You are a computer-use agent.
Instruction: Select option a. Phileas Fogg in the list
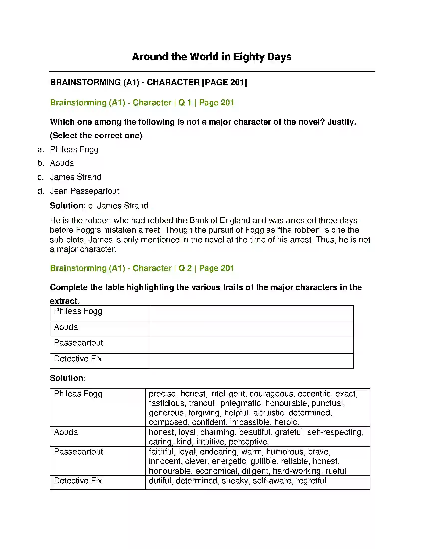click(74, 149)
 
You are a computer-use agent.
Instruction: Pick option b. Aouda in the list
click(62, 163)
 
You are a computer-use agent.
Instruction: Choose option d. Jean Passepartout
click(84, 191)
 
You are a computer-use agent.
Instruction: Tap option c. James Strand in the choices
click(75, 177)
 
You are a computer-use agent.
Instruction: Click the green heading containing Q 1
click(142, 103)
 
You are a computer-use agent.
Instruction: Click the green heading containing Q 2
click(142, 268)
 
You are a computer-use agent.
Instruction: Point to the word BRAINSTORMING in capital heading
click(85, 82)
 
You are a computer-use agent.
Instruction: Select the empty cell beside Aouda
click(251, 330)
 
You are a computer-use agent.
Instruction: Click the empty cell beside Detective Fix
click(251, 361)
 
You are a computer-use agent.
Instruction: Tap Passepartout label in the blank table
click(78, 343)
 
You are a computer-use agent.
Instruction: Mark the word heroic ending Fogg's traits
click(286, 422)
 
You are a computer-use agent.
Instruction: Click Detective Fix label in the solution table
click(78, 481)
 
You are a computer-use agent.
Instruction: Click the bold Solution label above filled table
click(68, 378)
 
